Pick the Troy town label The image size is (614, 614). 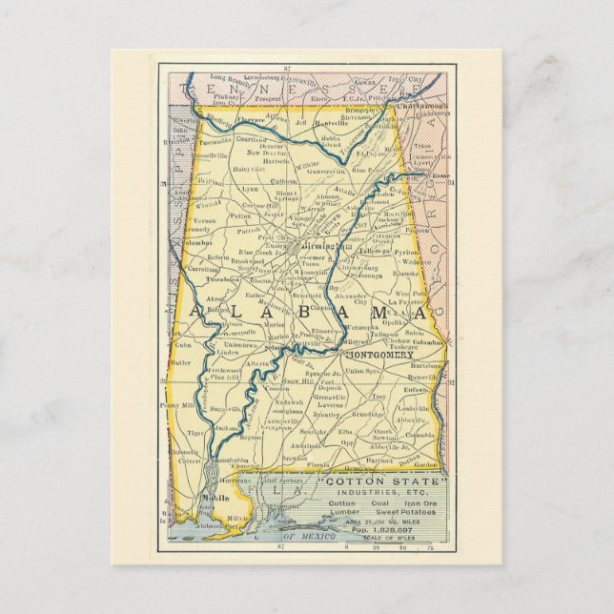pos(379,396)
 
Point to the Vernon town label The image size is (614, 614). pos(191,218)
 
